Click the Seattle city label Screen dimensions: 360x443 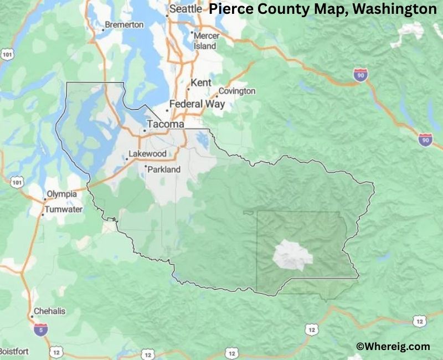click(x=186, y=9)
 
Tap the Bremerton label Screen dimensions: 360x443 click(x=125, y=25)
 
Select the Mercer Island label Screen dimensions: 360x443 click(x=205, y=41)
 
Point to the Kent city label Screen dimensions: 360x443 click(x=200, y=83)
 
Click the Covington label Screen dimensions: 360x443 click(x=237, y=91)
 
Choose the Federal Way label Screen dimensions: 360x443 click(x=197, y=104)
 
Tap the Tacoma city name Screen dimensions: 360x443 click(x=165, y=125)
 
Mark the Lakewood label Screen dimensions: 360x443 click(x=147, y=153)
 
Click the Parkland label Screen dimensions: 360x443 click(x=164, y=169)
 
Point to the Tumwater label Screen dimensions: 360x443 click(x=64, y=209)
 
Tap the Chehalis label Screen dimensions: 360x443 click(x=49, y=311)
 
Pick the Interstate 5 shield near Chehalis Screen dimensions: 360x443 click(x=40, y=329)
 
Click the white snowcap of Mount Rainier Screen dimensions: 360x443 click(x=292, y=255)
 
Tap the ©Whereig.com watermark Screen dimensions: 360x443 click(x=393, y=346)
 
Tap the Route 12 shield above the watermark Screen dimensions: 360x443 click(x=419, y=321)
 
